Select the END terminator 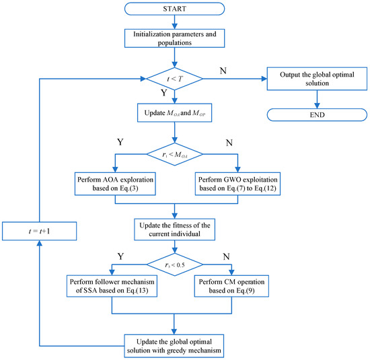(313, 115)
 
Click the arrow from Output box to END (313, 98)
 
